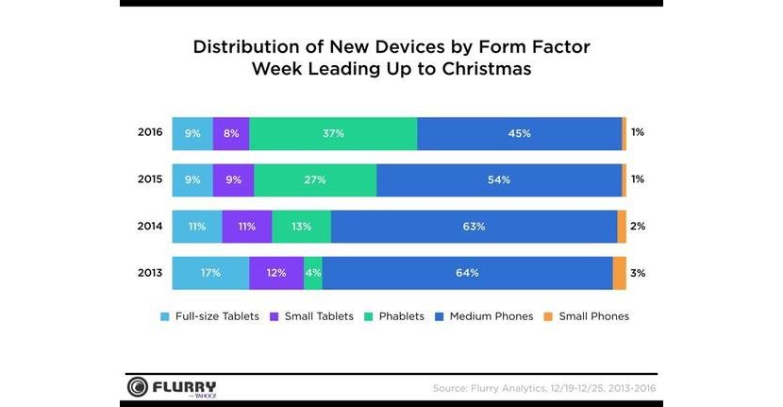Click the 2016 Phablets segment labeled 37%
coord(333,133)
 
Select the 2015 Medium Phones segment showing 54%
coord(499,179)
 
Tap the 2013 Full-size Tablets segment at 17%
coord(210,273)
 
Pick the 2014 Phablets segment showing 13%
coord(302,227)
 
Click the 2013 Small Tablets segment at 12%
coord(276,273)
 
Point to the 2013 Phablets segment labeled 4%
coord(313,273)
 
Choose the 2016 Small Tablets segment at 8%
coord(231,133)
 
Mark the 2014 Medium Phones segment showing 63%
coord(475,227)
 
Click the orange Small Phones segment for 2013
coord(620,273)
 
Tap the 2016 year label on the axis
coord(150,133)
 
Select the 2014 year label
coord(150,227)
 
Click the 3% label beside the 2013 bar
coord(638,273)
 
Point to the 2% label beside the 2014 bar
coord(638,227)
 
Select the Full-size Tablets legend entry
coord(213,316)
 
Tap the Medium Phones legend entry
coord(483,316)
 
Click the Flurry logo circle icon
coord(139,388)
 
